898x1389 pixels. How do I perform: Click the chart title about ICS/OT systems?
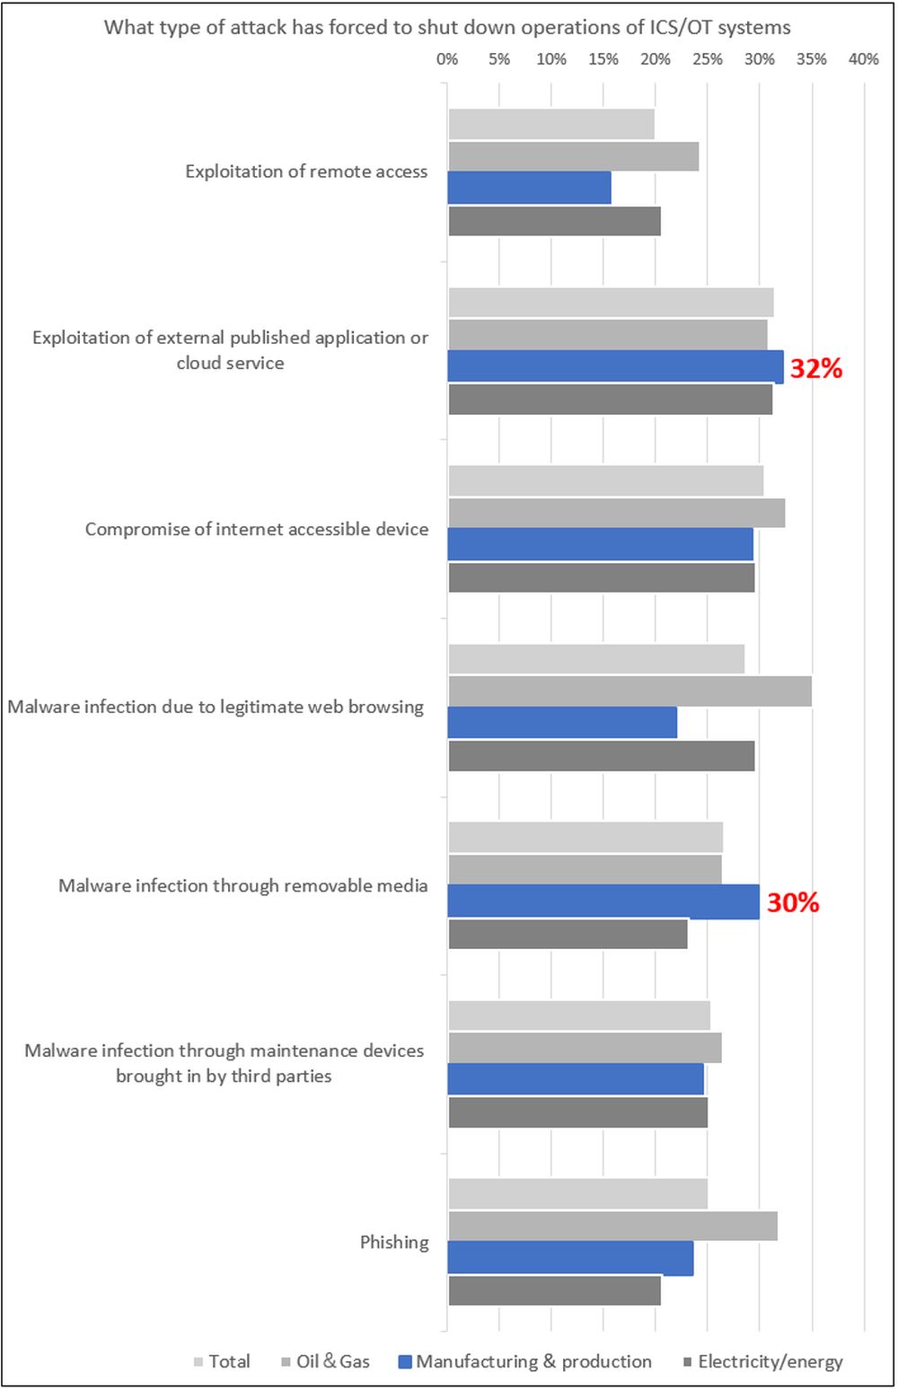pos(447,27)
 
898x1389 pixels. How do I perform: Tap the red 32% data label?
pos(815,368)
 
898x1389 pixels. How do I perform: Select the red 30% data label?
pos(793,902)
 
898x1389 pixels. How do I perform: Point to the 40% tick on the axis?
pos(864,59)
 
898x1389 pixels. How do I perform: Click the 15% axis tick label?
pos(603,59)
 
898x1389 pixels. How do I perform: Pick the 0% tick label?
pos(447,59)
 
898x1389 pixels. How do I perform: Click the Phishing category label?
pos(394,1242)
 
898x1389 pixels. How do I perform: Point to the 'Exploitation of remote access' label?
pos(306,171)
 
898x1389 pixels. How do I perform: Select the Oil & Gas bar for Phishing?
pos(612,1226)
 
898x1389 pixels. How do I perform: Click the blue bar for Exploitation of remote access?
pos(529,188)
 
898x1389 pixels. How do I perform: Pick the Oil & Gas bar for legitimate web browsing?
pos(629,691)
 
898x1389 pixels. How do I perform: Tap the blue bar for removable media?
pos(603,901)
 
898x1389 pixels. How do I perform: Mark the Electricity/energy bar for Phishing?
pos(554,1290)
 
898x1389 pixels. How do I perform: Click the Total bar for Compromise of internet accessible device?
pos(605,480)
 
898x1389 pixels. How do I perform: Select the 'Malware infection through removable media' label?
pos(242,886)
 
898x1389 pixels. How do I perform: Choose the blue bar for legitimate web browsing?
pos(562,723)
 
